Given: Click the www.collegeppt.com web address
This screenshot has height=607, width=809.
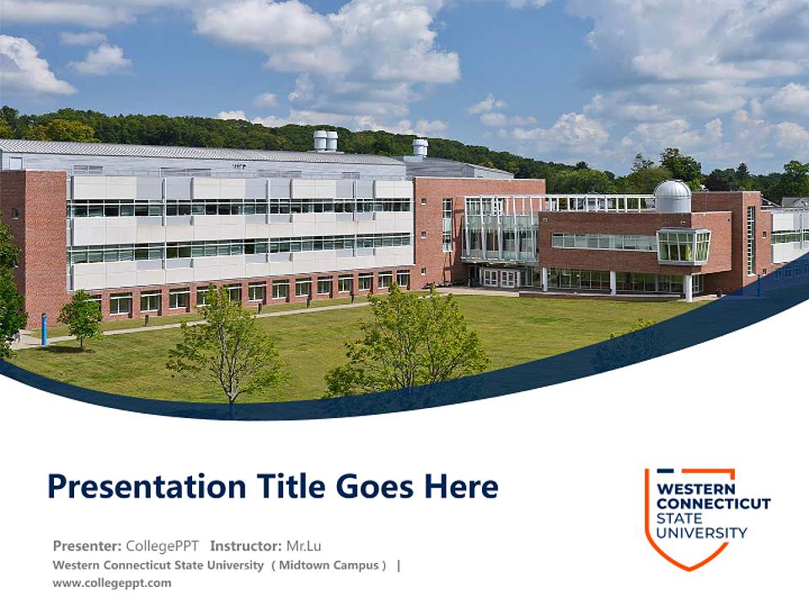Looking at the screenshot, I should click(x=111, y=583).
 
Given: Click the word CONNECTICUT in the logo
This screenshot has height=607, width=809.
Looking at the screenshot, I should click(x=713, y=503).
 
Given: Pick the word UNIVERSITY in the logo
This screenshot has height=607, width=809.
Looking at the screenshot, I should click(x=701, y=532).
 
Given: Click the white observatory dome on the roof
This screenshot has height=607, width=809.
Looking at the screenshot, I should click(x=672, y=196).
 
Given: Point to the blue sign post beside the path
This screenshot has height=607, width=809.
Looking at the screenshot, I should click(x=44, y=328).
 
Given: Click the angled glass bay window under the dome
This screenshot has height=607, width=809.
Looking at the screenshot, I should click(x=683, y=245).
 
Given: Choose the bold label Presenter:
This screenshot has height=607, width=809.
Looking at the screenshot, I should click(x=87, y=545).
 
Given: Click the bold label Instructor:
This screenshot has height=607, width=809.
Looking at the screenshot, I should click(x=246, y=545).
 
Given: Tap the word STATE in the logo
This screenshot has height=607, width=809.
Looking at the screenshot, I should click(x=678, y=518).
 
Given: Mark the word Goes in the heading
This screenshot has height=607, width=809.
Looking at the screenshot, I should click(x=376, y=486).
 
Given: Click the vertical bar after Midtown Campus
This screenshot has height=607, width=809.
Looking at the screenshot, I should click(x=399, y=565).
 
